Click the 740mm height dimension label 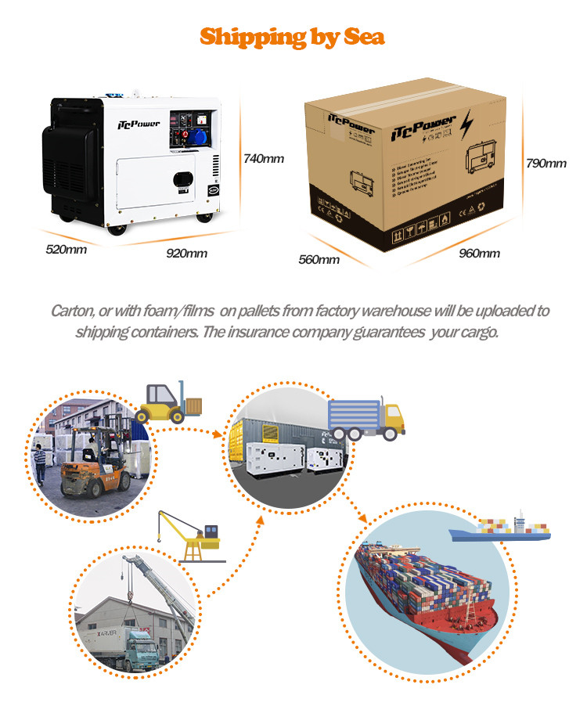click(x=264, y=159)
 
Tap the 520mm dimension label click(x=66, y=250)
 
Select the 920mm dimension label click(x=186, y=253)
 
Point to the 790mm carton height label click(x=546, y=164)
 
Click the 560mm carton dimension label click(x=319, y=259)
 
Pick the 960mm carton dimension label click(x=478, y=253)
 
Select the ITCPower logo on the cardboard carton click(x=422, y=125)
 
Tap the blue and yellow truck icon click(x=366, y=419)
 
